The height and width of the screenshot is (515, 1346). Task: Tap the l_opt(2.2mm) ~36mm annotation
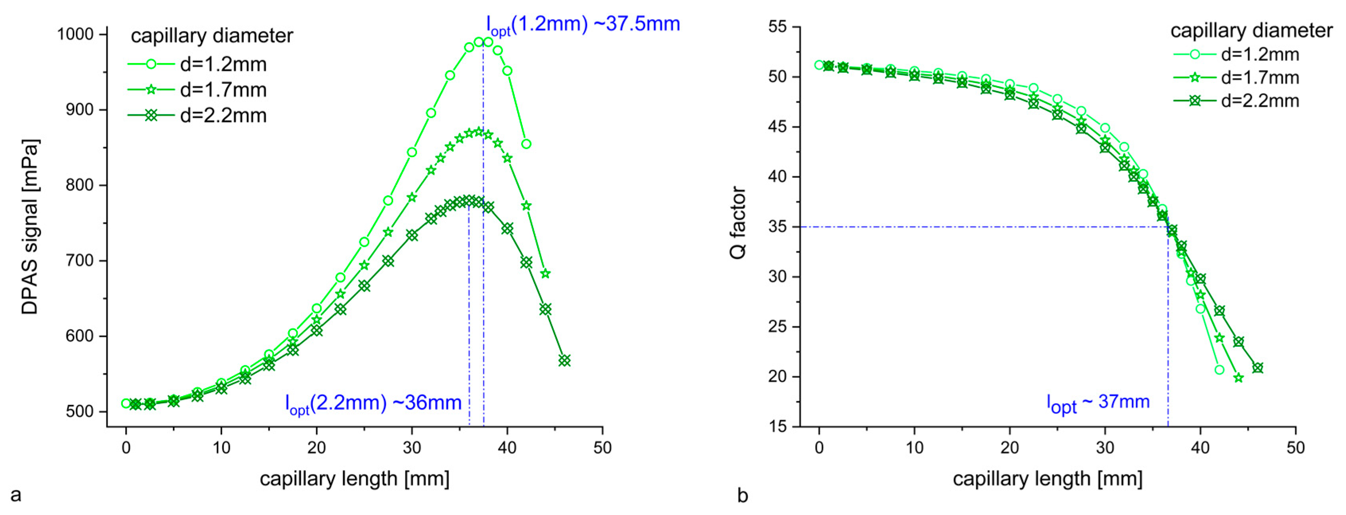tap(373, 403)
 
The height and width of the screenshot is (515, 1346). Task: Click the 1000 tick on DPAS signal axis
tap(75, 35)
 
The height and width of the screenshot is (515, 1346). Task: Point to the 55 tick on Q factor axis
tap(778, 27)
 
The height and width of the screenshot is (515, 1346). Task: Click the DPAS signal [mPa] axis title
tap(30, 226)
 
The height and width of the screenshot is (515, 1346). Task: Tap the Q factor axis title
tap(738, 222)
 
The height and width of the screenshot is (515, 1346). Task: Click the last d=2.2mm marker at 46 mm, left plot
tap(564, 361)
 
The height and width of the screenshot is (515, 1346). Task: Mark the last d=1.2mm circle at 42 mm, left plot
tap(526, 144)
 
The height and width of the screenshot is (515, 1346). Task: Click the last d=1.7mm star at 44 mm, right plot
tap(1238, 378)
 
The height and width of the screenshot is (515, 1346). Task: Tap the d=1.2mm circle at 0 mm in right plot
tap(819, 65)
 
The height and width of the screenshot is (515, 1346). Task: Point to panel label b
tap(743, 495)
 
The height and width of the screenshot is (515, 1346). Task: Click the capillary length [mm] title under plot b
tap(1047, 478)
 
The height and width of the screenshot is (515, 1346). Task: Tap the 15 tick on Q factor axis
tap(778, 427)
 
